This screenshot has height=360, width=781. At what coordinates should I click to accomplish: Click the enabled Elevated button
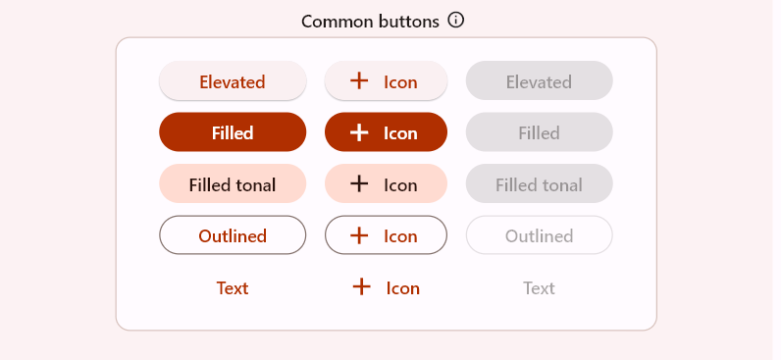233,81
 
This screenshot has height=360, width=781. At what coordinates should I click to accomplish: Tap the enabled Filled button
233,132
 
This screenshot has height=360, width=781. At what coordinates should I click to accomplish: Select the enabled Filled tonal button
233,184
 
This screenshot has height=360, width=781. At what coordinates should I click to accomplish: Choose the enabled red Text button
233,287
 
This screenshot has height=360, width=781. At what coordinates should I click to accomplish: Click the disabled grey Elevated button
539,81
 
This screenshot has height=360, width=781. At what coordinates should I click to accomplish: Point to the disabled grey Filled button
539,132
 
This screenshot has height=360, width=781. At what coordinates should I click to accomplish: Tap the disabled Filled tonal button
539,184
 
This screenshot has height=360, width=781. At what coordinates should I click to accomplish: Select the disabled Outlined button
539,235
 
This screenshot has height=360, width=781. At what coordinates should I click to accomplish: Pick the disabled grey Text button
539,287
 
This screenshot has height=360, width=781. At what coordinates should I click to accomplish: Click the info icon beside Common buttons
455,20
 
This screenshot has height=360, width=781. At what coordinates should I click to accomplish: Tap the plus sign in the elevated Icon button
359,81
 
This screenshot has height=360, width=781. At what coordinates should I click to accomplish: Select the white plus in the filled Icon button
359,132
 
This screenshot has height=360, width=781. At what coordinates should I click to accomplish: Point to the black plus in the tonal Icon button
359,183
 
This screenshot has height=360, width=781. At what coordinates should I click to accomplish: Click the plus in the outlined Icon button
359,235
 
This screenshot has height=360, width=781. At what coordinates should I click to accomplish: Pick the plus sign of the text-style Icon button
361,286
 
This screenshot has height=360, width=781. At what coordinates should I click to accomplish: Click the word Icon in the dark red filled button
400,133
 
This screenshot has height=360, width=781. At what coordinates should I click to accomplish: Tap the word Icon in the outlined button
400,236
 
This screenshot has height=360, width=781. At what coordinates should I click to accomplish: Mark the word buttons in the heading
406,21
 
